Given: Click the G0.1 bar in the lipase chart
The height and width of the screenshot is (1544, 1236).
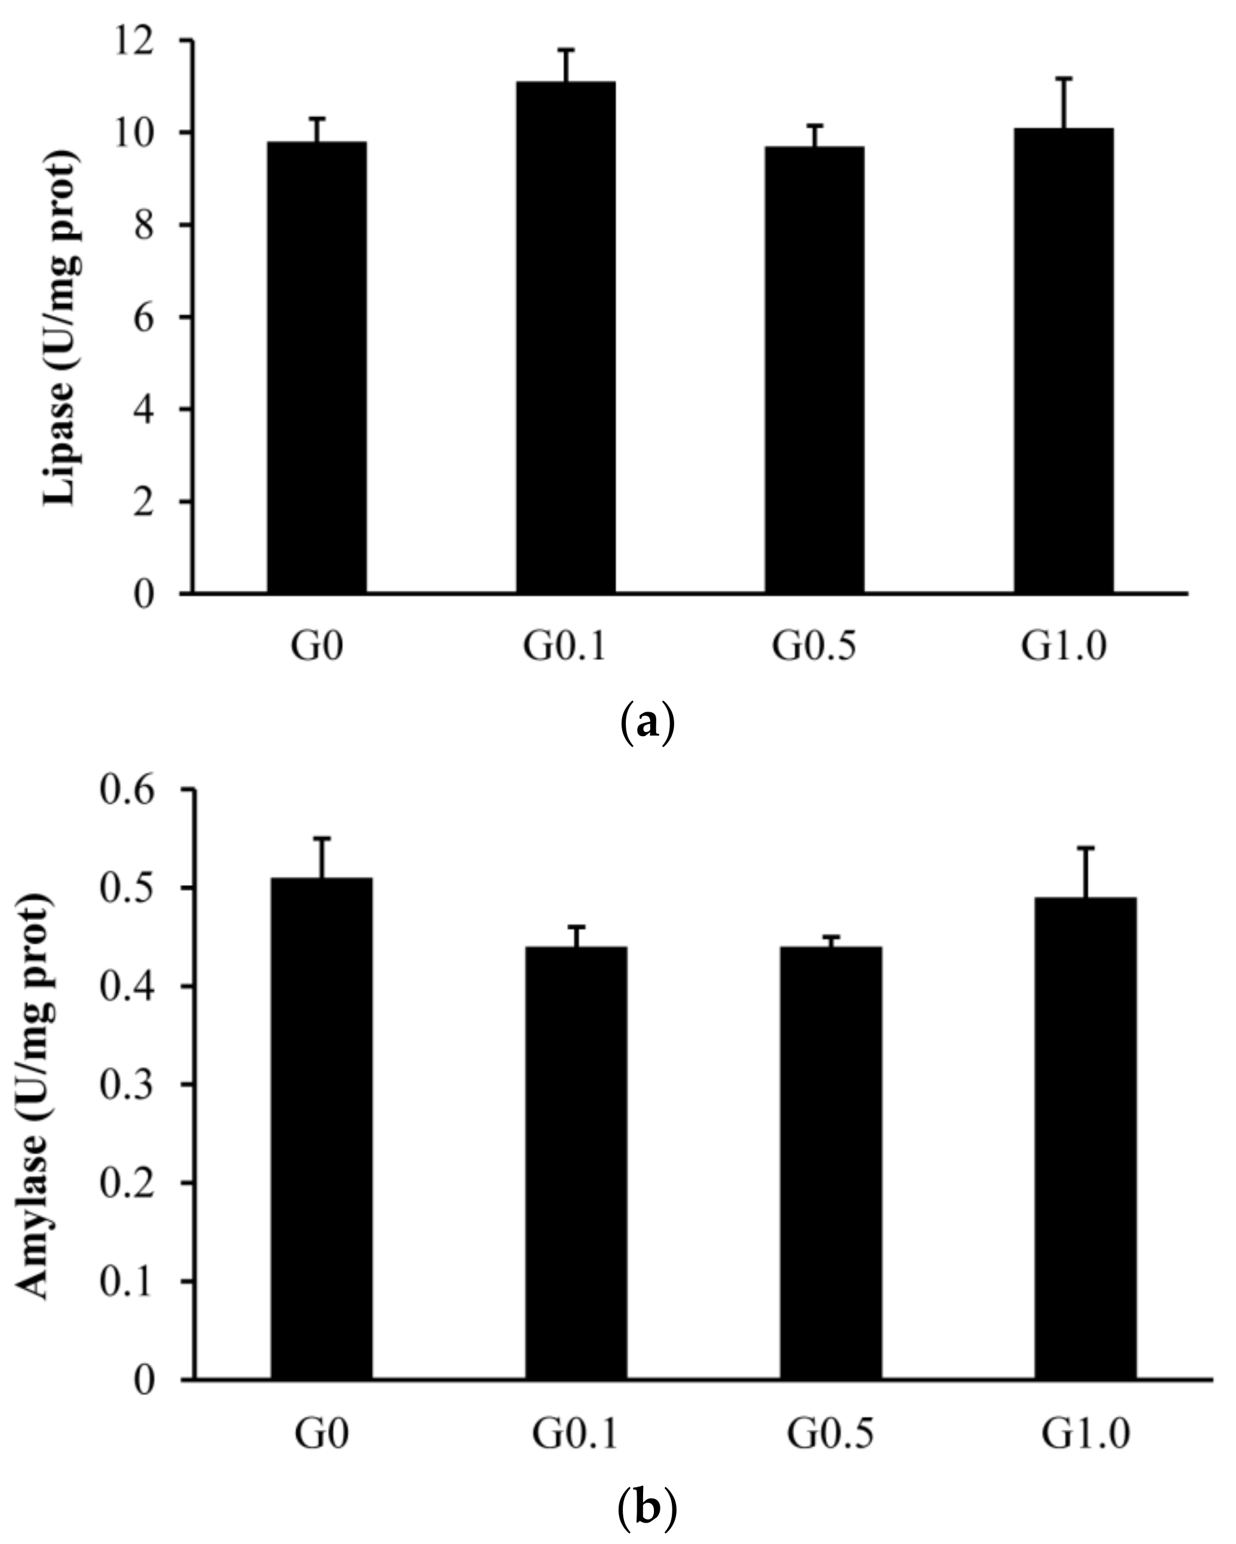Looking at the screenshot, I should tap(565, 336).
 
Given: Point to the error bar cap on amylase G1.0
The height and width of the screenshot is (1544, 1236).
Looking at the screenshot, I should tap(1086, 847).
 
